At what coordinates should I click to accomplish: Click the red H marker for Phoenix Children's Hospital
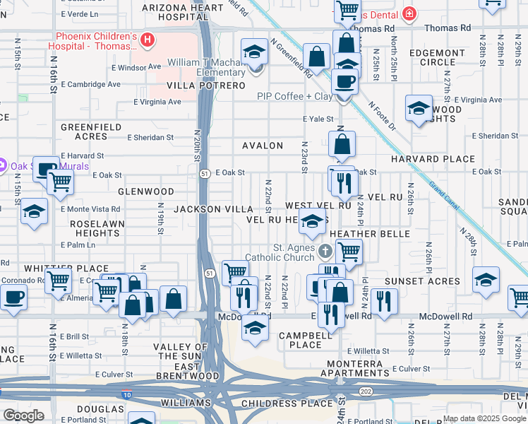point(147,40)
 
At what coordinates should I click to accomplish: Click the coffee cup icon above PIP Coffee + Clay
point(344,81)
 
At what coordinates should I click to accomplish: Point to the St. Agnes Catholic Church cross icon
point(325,251)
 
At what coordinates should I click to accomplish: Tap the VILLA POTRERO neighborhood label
point(205,86)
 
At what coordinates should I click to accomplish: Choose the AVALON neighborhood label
point(263,146)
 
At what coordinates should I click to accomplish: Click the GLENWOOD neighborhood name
point(146,192)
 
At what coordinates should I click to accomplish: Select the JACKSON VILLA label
point(213,209)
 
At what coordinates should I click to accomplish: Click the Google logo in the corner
point(23,415)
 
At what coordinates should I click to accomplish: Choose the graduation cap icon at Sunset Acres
point(486,280)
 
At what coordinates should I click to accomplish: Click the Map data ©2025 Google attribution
point(484,418)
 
